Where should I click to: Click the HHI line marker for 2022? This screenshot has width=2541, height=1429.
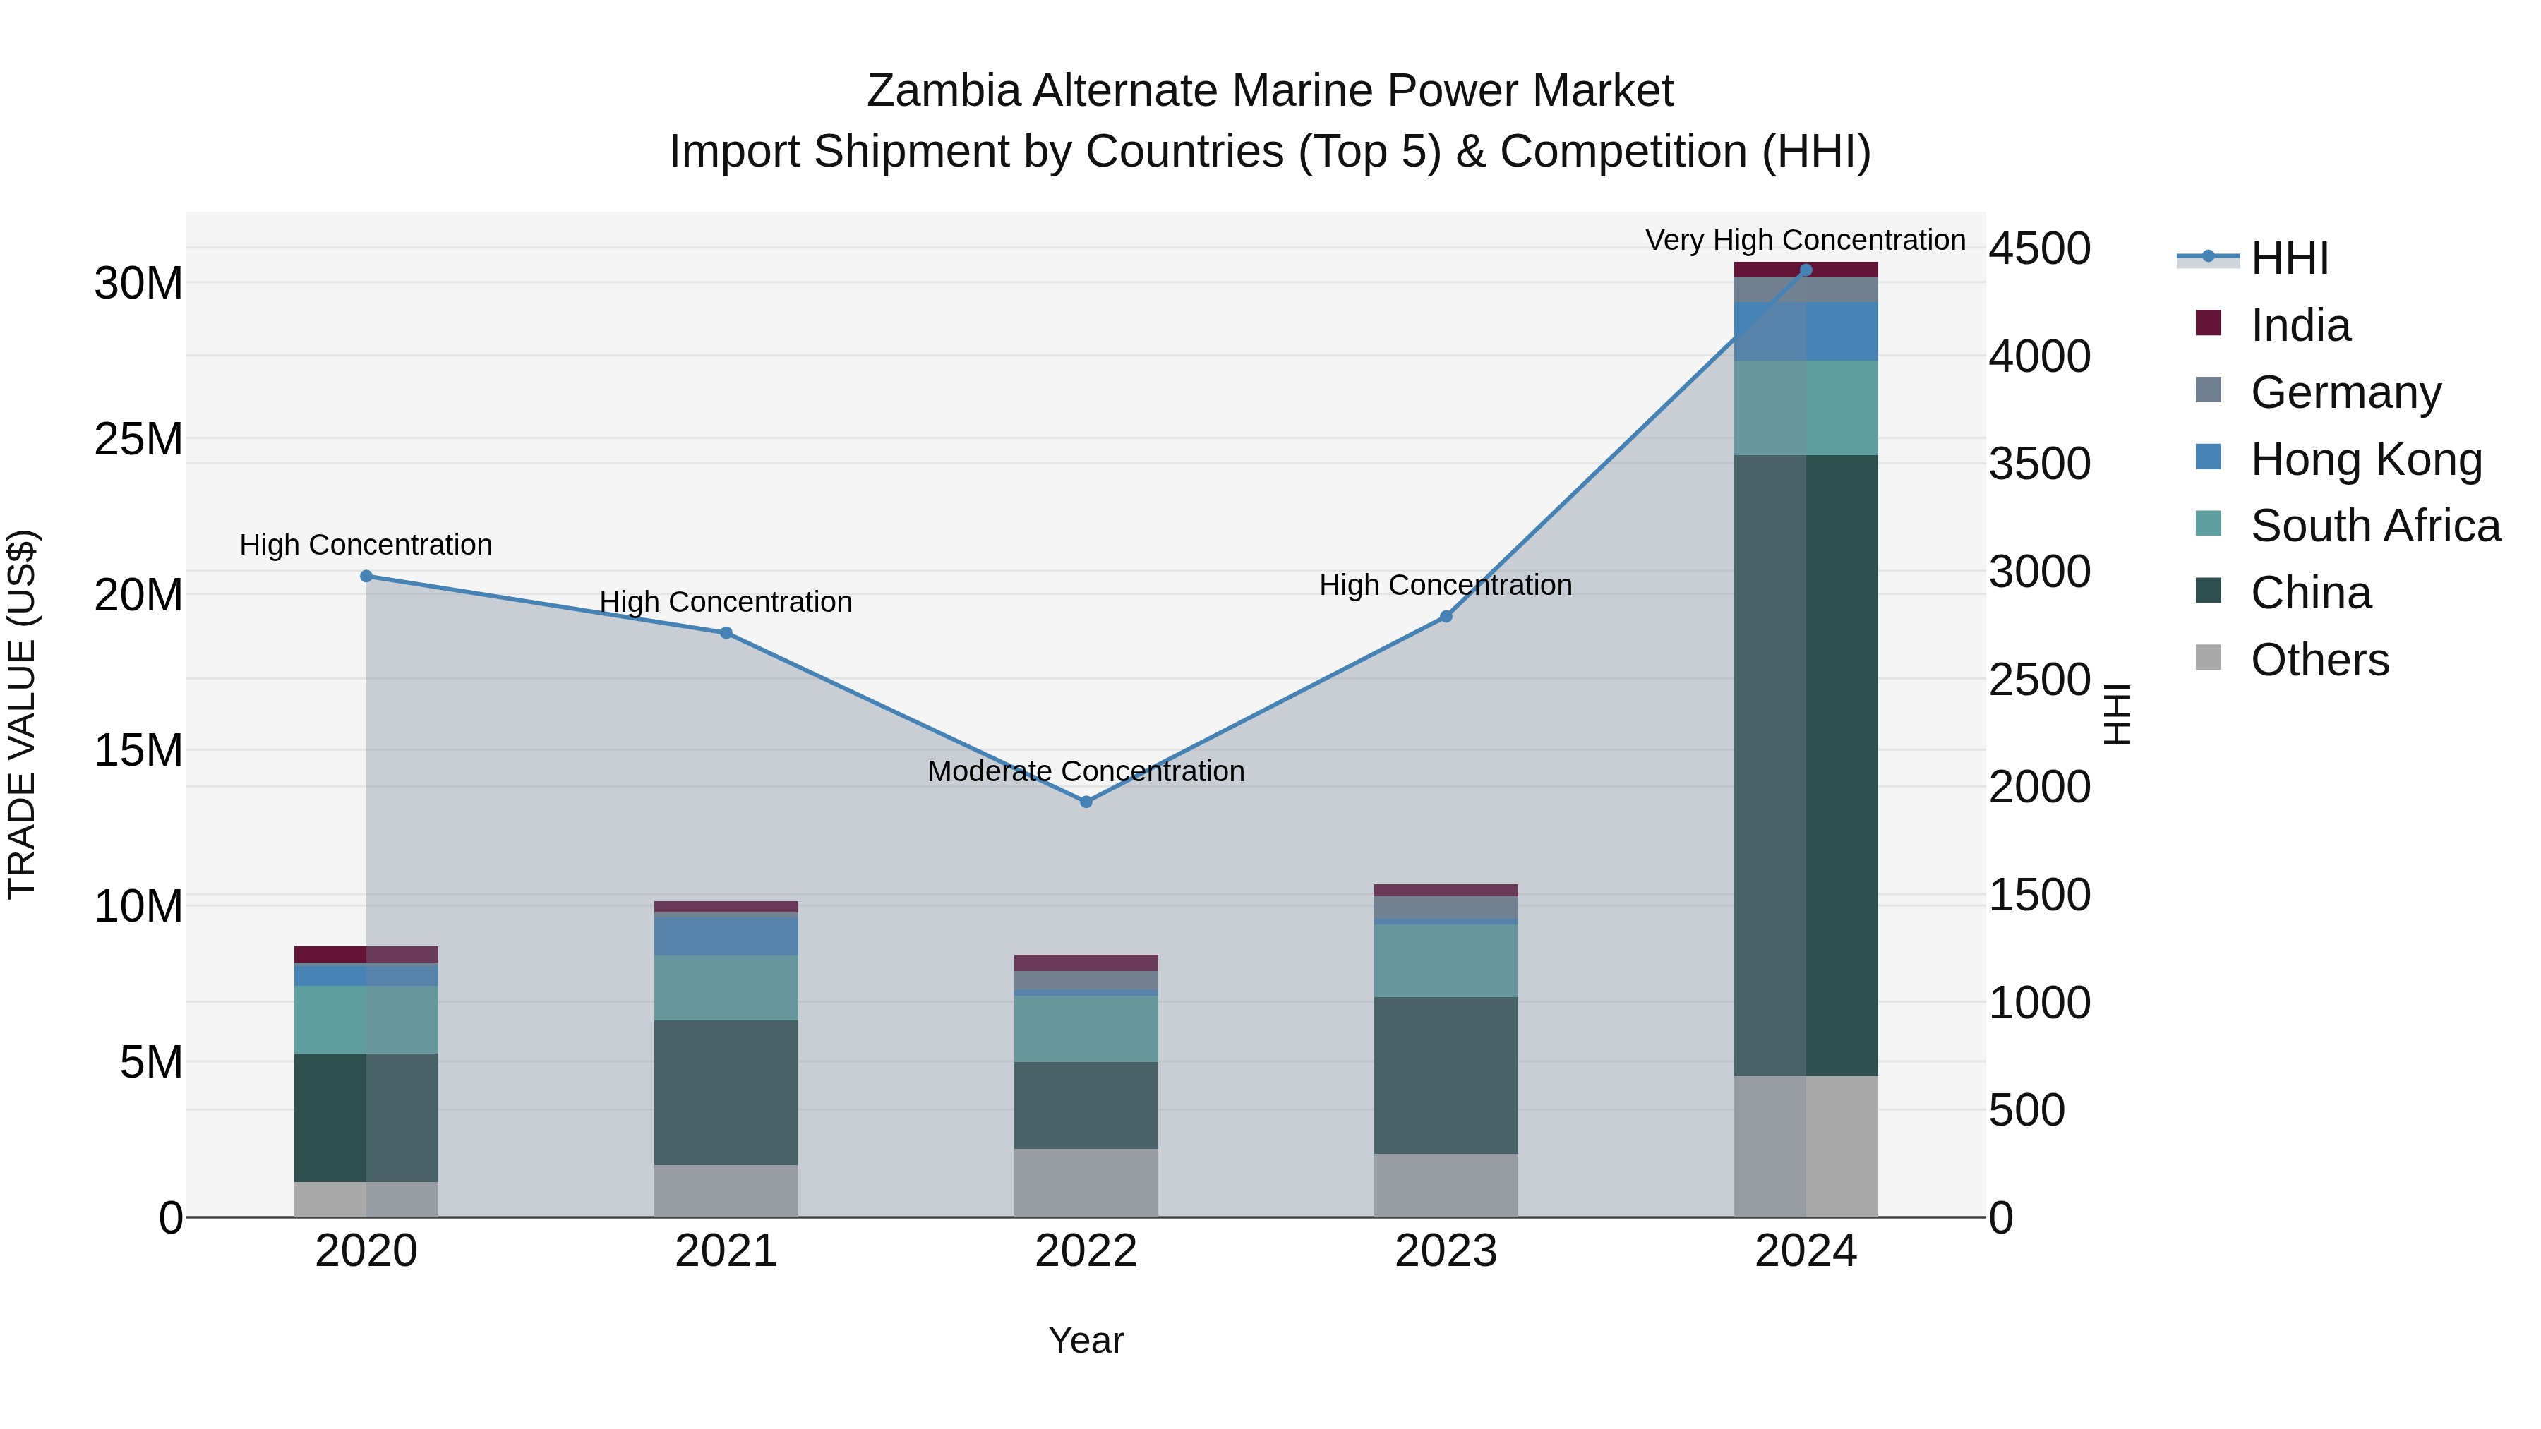pos(1086,802)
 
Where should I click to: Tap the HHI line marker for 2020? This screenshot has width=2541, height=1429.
pos(366,576)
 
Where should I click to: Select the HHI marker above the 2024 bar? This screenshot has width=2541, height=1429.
pos(1806,270)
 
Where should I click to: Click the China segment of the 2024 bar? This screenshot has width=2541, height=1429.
pos(1806,764)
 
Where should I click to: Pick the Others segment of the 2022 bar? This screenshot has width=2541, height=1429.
pos(1086,1183)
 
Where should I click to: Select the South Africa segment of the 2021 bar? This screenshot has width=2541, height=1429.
pos(726,987)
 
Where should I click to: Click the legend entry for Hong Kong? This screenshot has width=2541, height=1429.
pos(2365,459)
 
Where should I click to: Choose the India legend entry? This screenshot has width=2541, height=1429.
pos(2300,325)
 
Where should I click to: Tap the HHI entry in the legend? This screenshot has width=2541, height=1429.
pos(2288,258)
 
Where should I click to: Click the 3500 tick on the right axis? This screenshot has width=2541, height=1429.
pos(2039,464)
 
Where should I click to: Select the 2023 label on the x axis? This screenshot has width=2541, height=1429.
pos(1446,1251)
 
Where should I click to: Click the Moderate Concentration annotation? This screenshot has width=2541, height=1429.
pos(1086,771)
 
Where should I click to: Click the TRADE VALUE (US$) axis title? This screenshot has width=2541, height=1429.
pos(22,714)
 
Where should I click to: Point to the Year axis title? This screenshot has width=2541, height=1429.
pos(1086,1340)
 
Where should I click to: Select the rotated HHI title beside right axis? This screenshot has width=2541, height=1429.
pos(2117,714)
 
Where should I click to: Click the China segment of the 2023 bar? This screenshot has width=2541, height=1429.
pos(1446,1075)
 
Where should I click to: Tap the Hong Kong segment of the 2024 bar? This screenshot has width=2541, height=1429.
pos(1806,332)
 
